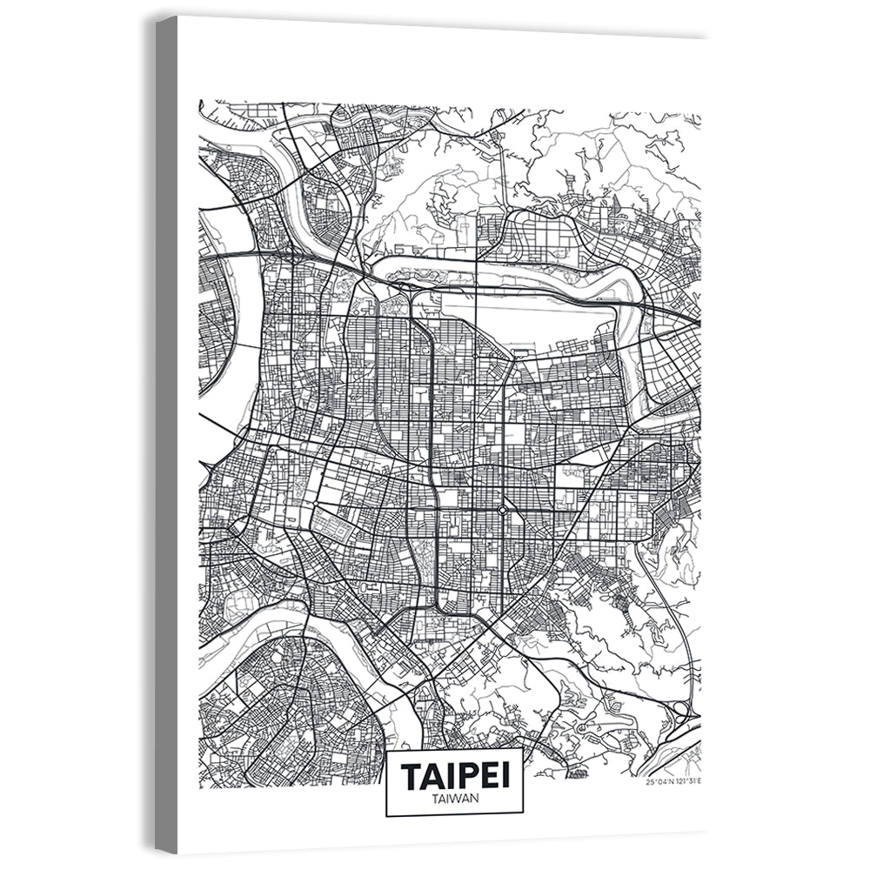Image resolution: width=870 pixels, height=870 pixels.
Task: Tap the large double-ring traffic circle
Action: click(x=502, y=510)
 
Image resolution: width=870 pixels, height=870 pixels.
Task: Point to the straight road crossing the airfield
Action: click(x=478, y=313)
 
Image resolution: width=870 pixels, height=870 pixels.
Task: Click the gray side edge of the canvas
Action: click(x=166, y=435)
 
